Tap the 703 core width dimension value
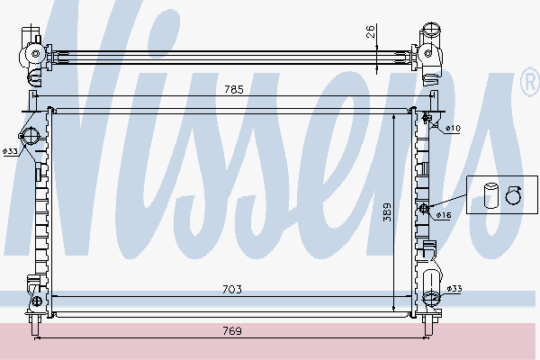233,289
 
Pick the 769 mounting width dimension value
233,330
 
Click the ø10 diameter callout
453,129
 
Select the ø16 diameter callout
443,215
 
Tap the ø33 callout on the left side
10,151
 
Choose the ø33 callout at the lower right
455,288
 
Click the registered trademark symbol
530,85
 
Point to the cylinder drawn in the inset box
490,195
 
